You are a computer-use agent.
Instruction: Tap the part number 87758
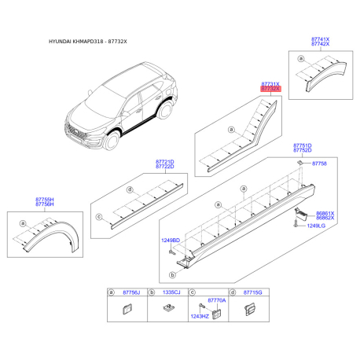(x=318, y=163)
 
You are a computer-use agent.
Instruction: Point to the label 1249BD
(x=171, y=239)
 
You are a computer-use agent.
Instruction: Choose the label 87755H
(x=45, y=200)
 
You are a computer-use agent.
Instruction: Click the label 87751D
(x=303, y=145)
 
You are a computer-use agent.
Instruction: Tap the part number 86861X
(x=325, y=212)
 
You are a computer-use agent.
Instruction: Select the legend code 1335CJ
(x=171, y=292)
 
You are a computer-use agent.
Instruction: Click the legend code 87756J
(x=130, y=292)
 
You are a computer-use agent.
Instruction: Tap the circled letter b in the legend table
(x=150, y=292)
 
